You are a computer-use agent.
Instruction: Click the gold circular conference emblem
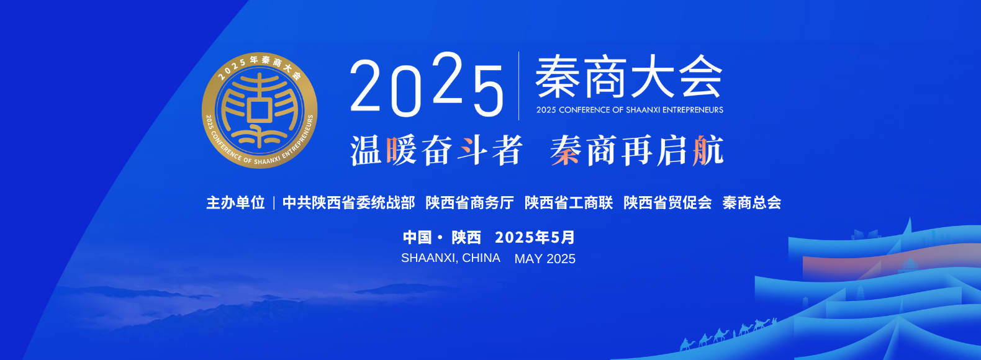[x=260, y=110]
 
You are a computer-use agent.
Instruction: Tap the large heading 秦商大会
[x=629, y=76]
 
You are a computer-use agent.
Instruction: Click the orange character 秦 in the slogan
[x=566, y=150]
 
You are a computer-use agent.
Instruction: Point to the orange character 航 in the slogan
[x=708, y=150]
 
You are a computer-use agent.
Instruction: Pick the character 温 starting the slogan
[x=366, y=150]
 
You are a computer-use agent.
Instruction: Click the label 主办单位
[x=235, y=203]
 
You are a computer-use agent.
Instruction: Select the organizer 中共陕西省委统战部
[x=348, y=203]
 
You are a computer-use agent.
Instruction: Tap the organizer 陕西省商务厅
[x=469, y=203]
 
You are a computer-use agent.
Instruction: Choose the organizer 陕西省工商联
[x=569, y=203]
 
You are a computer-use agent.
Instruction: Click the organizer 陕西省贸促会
[x=667, y=203]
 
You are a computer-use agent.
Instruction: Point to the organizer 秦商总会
[x=751, y=203]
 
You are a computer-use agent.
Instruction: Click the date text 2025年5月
[x=535, y=237]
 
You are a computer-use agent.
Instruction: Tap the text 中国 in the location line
[x=417, y=237]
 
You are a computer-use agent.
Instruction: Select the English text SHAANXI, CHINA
[x=451, y=258]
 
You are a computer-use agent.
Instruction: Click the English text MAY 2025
[x=545, y=259]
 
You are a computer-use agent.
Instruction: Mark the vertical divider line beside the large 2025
[x=519, y=86]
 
